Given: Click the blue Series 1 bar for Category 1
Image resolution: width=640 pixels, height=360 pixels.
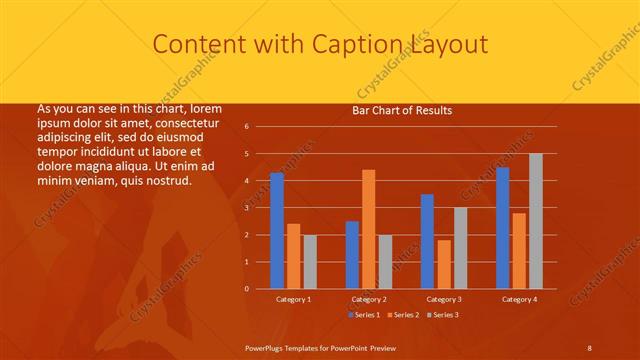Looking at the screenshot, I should pyautogui.click(x=277, y=231).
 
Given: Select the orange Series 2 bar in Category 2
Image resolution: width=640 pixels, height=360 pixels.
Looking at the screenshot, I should pyautogui.click(x=368, y=229).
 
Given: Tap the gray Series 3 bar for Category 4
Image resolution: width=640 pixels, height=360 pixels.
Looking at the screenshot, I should pyautogui.click(x=536, y=221).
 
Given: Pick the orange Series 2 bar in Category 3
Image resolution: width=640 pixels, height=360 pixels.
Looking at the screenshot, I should pyautogui.click(x=443, y=264).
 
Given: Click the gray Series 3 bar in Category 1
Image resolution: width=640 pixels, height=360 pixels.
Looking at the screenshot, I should pyautogui.click(x=310, y=262).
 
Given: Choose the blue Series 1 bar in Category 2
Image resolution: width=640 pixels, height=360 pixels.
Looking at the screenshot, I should pyautogui.click(x=352, y=255).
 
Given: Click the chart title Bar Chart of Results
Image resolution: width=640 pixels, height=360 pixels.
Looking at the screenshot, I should pyautogui.click(x=402, y=110).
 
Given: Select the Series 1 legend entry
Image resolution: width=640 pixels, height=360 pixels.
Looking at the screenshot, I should pyautogui.click(x=363, y=315).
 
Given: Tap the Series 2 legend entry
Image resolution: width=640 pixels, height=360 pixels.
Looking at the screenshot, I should pyautogui.click(x=403, y=315).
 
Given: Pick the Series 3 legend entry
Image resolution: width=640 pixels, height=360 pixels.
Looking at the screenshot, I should pyautogui.click(x=443, y=315).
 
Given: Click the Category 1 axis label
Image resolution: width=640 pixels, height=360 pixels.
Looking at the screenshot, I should pyautogui.click(x=293, y=299).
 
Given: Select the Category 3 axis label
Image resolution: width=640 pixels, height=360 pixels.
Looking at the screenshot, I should pyautogui.click(x=443, y=299).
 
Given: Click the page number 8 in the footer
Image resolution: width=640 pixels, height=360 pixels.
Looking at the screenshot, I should pyautogui.click(x=589, y=347).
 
